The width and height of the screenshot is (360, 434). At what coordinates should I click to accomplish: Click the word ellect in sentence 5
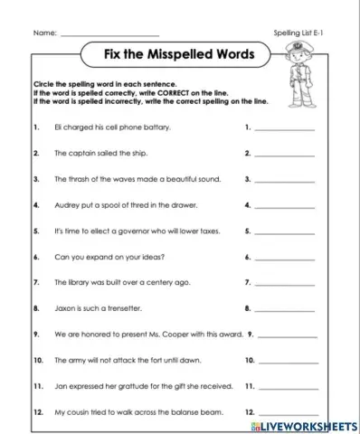tap(96, 231)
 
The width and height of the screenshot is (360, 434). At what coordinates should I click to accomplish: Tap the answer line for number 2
tap(286, 156)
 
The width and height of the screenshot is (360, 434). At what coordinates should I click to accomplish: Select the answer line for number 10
tap(286, 362)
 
